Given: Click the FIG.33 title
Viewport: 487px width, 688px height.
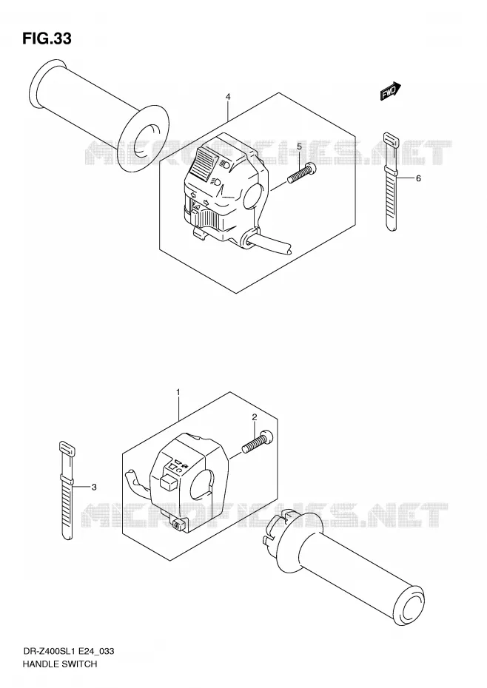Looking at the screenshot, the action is coord(47,38).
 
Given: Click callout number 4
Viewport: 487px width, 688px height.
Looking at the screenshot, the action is coord(228,96).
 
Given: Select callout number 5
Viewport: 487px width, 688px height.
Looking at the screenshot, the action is coord(299,146).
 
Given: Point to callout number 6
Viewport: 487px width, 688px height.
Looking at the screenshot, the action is coord(418,178).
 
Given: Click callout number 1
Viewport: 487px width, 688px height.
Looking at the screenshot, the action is coord(178,391).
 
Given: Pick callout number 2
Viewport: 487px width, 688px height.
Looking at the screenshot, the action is coord(254,417).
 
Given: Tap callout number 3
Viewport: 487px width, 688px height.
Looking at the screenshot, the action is coord(93,487).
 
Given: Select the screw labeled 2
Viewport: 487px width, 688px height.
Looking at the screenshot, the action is coord(257,441).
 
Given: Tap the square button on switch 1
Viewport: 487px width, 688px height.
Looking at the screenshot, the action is coord(169,481).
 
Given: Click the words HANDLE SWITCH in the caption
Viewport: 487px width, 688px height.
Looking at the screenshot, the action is coord(59,664).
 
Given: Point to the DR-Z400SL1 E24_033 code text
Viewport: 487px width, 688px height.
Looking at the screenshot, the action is coord(68,651).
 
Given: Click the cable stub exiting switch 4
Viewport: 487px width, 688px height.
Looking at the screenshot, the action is coord(267,244).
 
